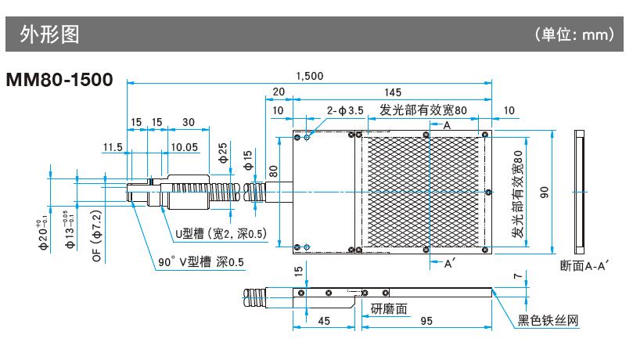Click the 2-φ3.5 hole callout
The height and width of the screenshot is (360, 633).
point(345,111)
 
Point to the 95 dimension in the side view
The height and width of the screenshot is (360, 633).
point(426,321)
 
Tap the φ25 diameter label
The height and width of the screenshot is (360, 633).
point(223,150)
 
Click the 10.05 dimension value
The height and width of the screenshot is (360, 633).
point(184,146)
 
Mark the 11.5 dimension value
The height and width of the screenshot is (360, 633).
point(113,146)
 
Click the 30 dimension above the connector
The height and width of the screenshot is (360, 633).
point(189,122)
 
